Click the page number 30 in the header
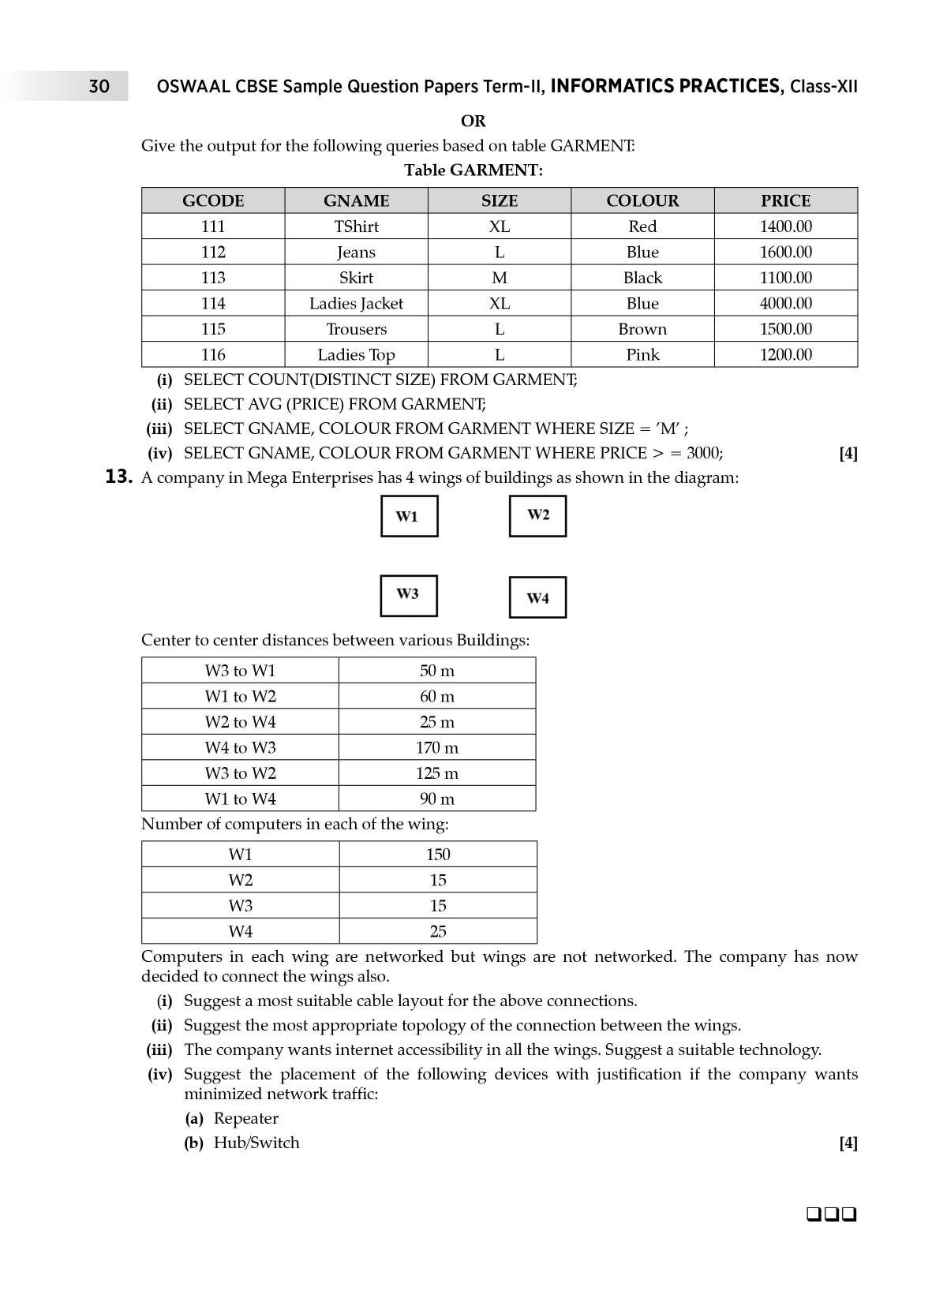coord(99,86)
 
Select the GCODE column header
coord(213,200)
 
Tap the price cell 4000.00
coord(785,303)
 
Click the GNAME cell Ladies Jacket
coord(356,303)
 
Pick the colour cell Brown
coord(642,329)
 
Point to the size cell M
coord(500,278)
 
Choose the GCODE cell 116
coord(213,354)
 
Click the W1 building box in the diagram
coord(409,516)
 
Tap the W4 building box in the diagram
coord(537,597)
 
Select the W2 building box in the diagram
coord(537,515)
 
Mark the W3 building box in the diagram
coord(409,595)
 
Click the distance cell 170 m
coord(437,747)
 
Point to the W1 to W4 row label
coord(240,799)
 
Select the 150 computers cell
coord(438,854)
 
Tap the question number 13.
coord(118,477)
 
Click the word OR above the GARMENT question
coord(473,121)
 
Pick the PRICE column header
coord(785,200)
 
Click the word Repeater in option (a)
coord(246,1118)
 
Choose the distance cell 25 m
coord(437,721)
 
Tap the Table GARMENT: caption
coord(473,170)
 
